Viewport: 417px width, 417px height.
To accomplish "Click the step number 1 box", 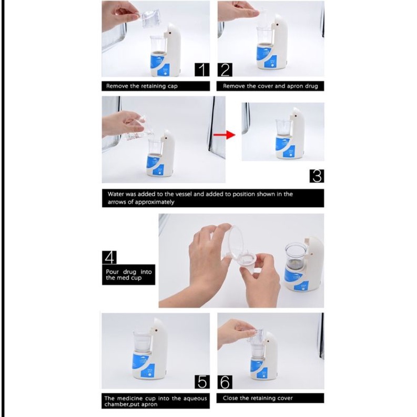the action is coord(202,70).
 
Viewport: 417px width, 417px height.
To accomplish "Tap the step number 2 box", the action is coord(225,70).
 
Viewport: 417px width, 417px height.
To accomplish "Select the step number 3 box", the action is coord(317,176).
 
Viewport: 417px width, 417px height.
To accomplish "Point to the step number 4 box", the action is coord(109,257).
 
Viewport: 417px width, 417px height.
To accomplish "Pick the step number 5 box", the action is coord(202,382).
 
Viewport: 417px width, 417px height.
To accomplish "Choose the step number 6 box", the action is coord(225,382).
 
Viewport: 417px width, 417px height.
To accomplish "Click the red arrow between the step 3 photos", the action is coord(225,135).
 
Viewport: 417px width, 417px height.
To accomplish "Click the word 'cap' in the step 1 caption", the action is coord(172,86).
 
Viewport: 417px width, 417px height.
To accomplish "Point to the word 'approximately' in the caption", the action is coord(154,202).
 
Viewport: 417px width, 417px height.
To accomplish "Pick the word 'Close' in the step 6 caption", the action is coord(230,398).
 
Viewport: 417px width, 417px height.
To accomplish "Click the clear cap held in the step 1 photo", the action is coord(150,18).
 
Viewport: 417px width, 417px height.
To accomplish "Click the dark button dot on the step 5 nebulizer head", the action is coord(157,331).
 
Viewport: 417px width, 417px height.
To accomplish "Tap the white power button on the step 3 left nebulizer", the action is coord(160,173).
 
